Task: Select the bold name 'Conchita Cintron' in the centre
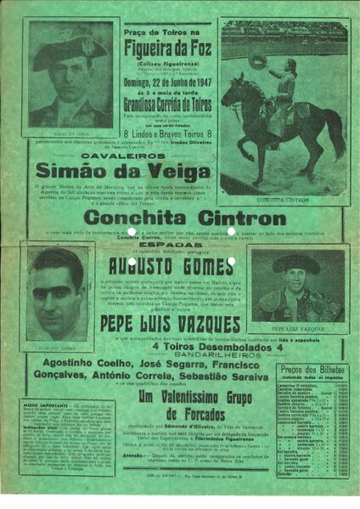click(181, 216)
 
